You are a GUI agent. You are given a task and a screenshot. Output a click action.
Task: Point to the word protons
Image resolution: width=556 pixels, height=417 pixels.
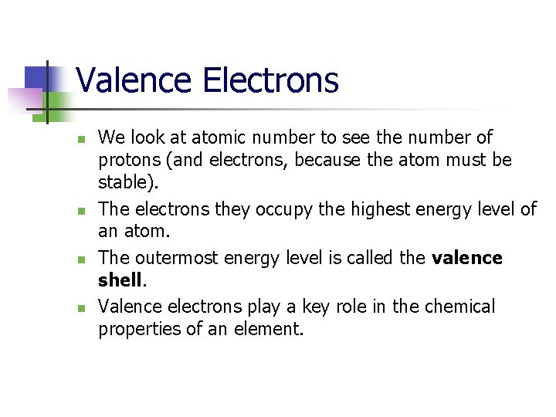[x=126, y=160]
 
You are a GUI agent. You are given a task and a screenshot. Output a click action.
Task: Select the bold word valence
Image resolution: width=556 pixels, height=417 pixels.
[x=467, y=258]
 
